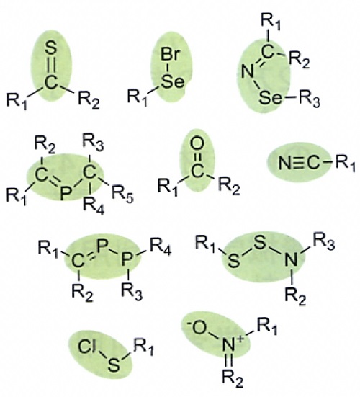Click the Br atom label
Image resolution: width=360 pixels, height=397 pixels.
pos(170,54)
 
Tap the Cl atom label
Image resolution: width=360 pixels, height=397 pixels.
pos(87,347)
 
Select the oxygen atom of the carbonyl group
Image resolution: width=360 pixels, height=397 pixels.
pos(197,144)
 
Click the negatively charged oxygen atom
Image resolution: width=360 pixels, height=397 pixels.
pos(198,328)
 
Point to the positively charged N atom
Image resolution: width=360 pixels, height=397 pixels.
pos(230,344)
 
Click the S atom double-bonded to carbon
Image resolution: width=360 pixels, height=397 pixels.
pos(50,48)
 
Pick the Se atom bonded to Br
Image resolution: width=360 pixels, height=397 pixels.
pos(173,81)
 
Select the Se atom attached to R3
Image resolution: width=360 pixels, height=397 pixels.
pos(270,99)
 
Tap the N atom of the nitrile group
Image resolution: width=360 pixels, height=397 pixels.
pos(284,163)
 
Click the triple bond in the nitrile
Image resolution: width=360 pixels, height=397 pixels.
pos(300,163)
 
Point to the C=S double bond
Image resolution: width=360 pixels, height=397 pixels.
pos(51,66)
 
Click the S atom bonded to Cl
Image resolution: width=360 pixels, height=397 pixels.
pos(114,365)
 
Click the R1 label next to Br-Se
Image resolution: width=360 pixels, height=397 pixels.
pos(137,97)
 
